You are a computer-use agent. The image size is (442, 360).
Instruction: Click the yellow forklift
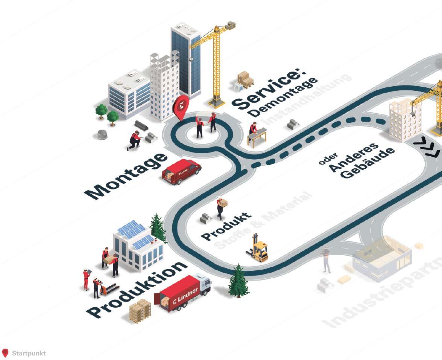coord(258,249)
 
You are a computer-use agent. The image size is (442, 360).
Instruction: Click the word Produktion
coord(137,290)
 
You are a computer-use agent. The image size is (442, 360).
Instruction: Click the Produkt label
coord(226,226)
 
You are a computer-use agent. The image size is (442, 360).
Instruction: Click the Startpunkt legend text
coord(29,353)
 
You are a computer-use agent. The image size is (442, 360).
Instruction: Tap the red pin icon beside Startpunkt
coord(5,353)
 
